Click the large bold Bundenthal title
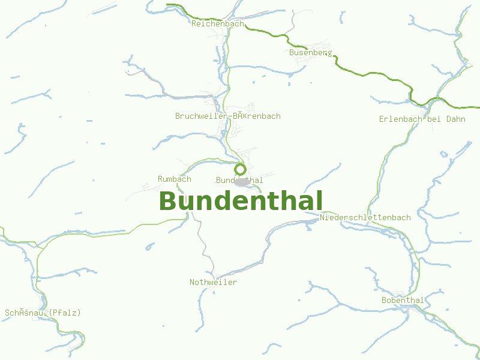tap(241, 201)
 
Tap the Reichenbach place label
tap(218, 24)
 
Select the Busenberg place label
tap(310, 53)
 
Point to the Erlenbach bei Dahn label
tap(422, 119)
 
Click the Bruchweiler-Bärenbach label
tap(227, 116)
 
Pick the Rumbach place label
tap(174, 179)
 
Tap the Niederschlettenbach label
tap(365, 217)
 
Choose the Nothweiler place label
tap(213, 282)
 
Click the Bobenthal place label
tap(403, 300)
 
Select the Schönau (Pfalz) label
tap(43, 313)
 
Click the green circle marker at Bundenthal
tap(240, 169)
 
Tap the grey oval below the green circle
tap(242, 182)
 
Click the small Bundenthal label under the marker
tap(239, 181)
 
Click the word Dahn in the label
tap(455, 119)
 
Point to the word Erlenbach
tap(400, 119)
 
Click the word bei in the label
tap(434, 119)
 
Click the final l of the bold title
tap(319, 201)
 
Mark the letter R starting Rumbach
tap(160, 179)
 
